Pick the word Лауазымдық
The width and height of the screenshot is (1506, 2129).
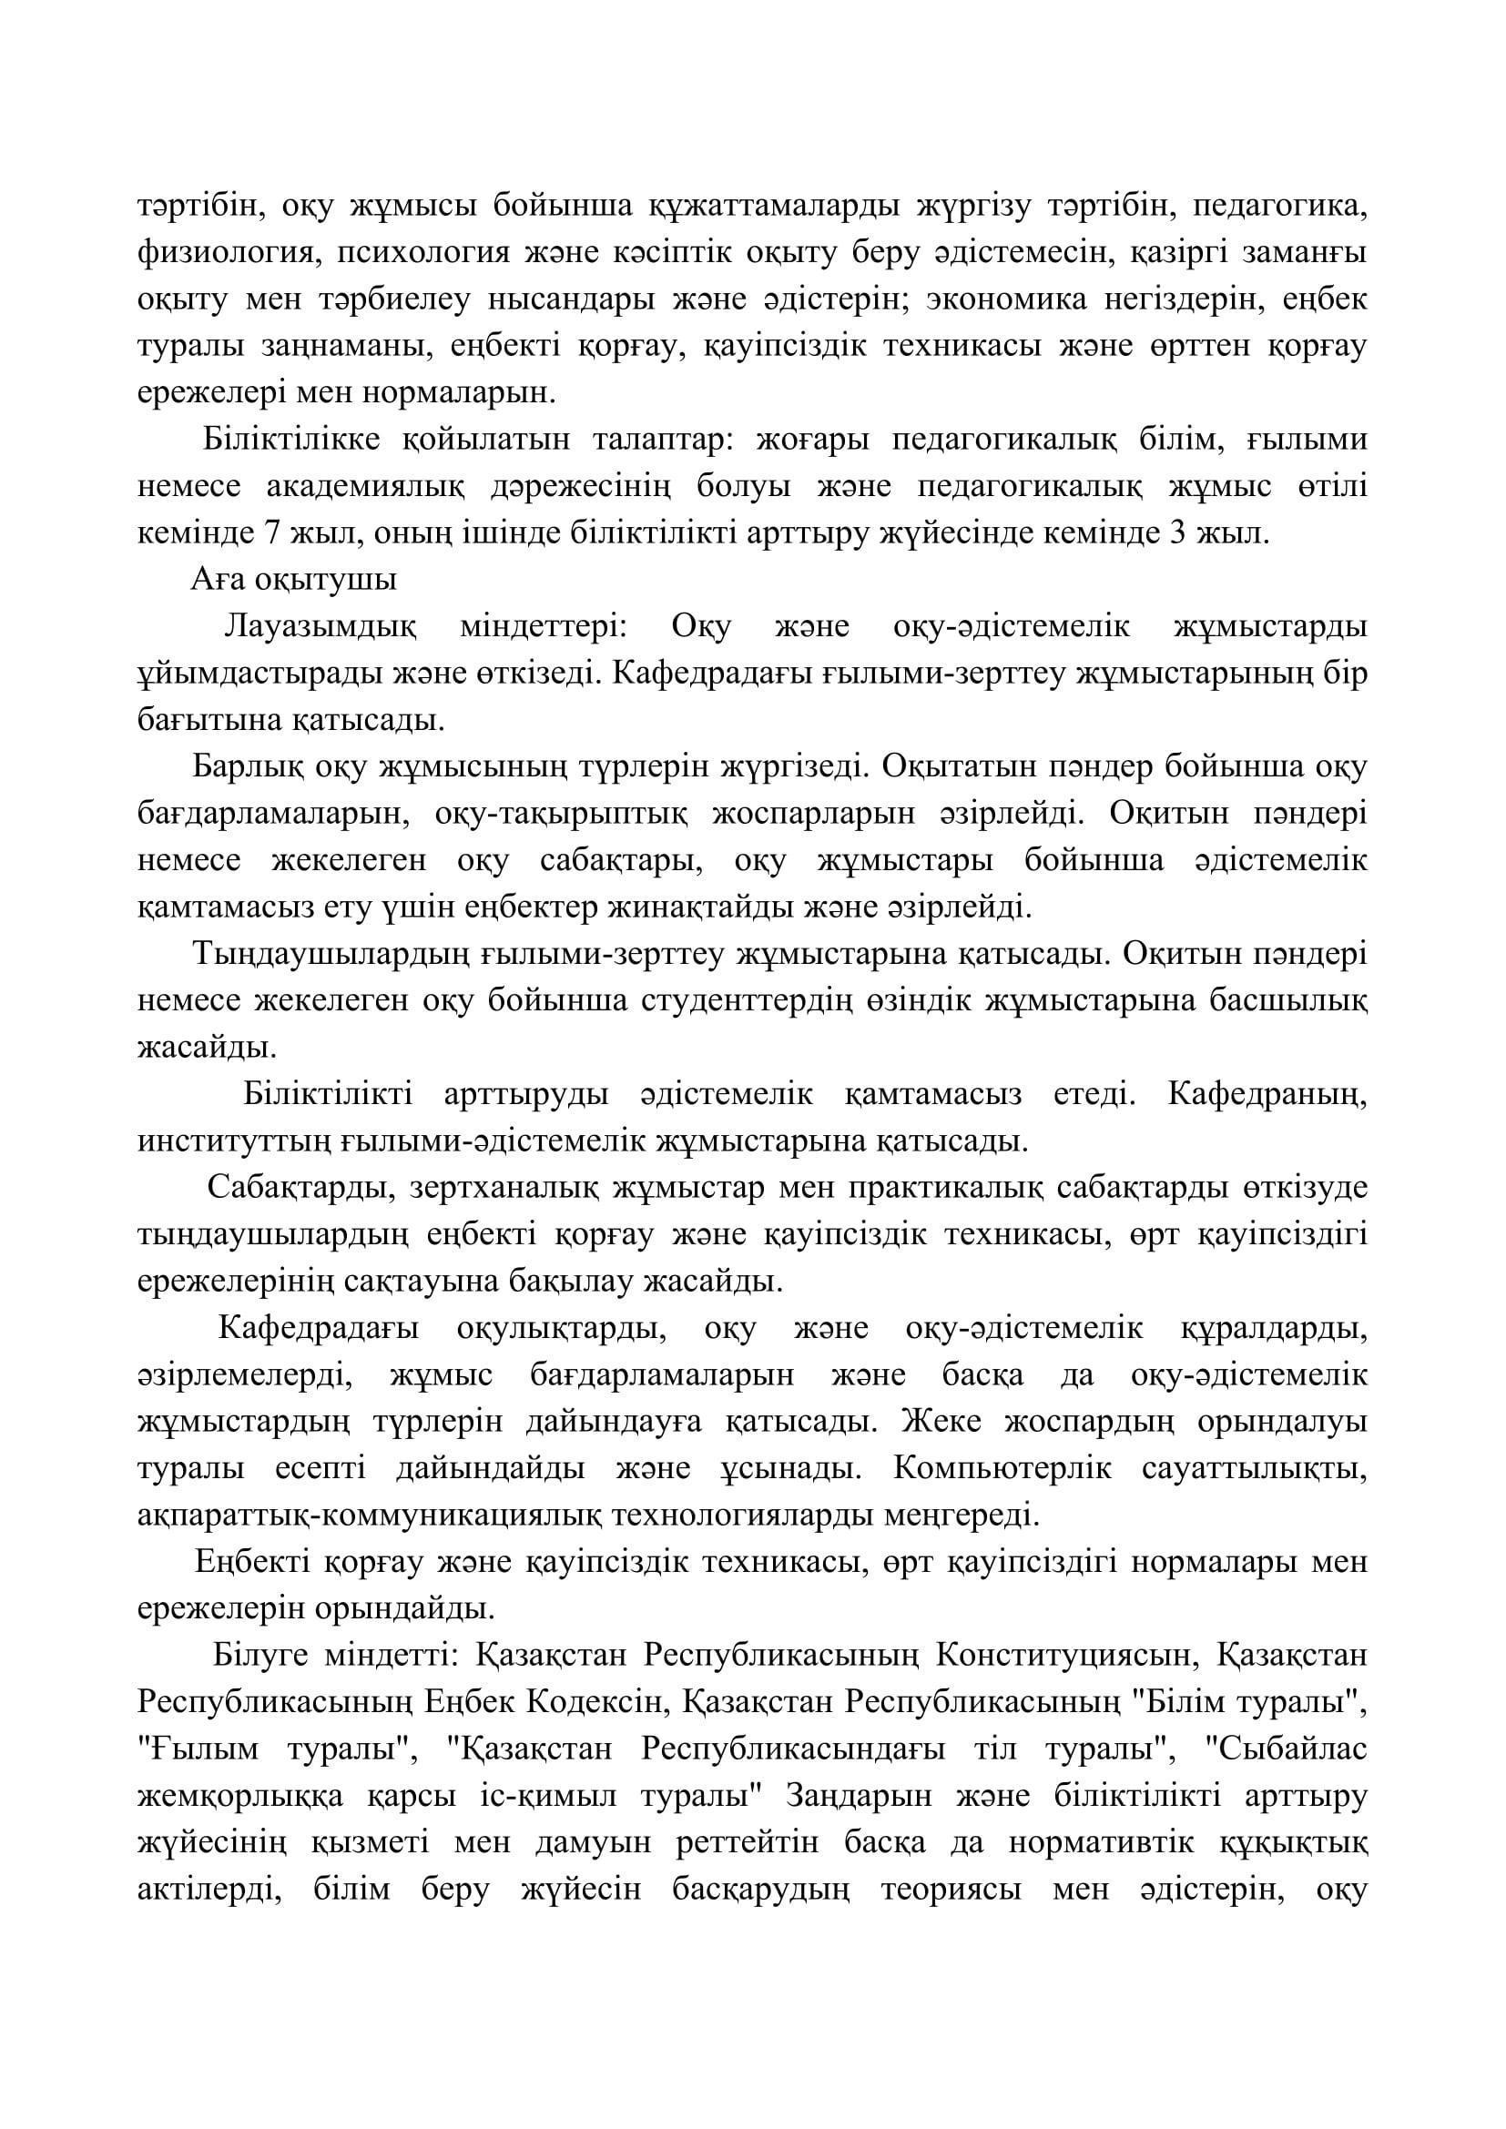pyautogui.click(x=320, y=627)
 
